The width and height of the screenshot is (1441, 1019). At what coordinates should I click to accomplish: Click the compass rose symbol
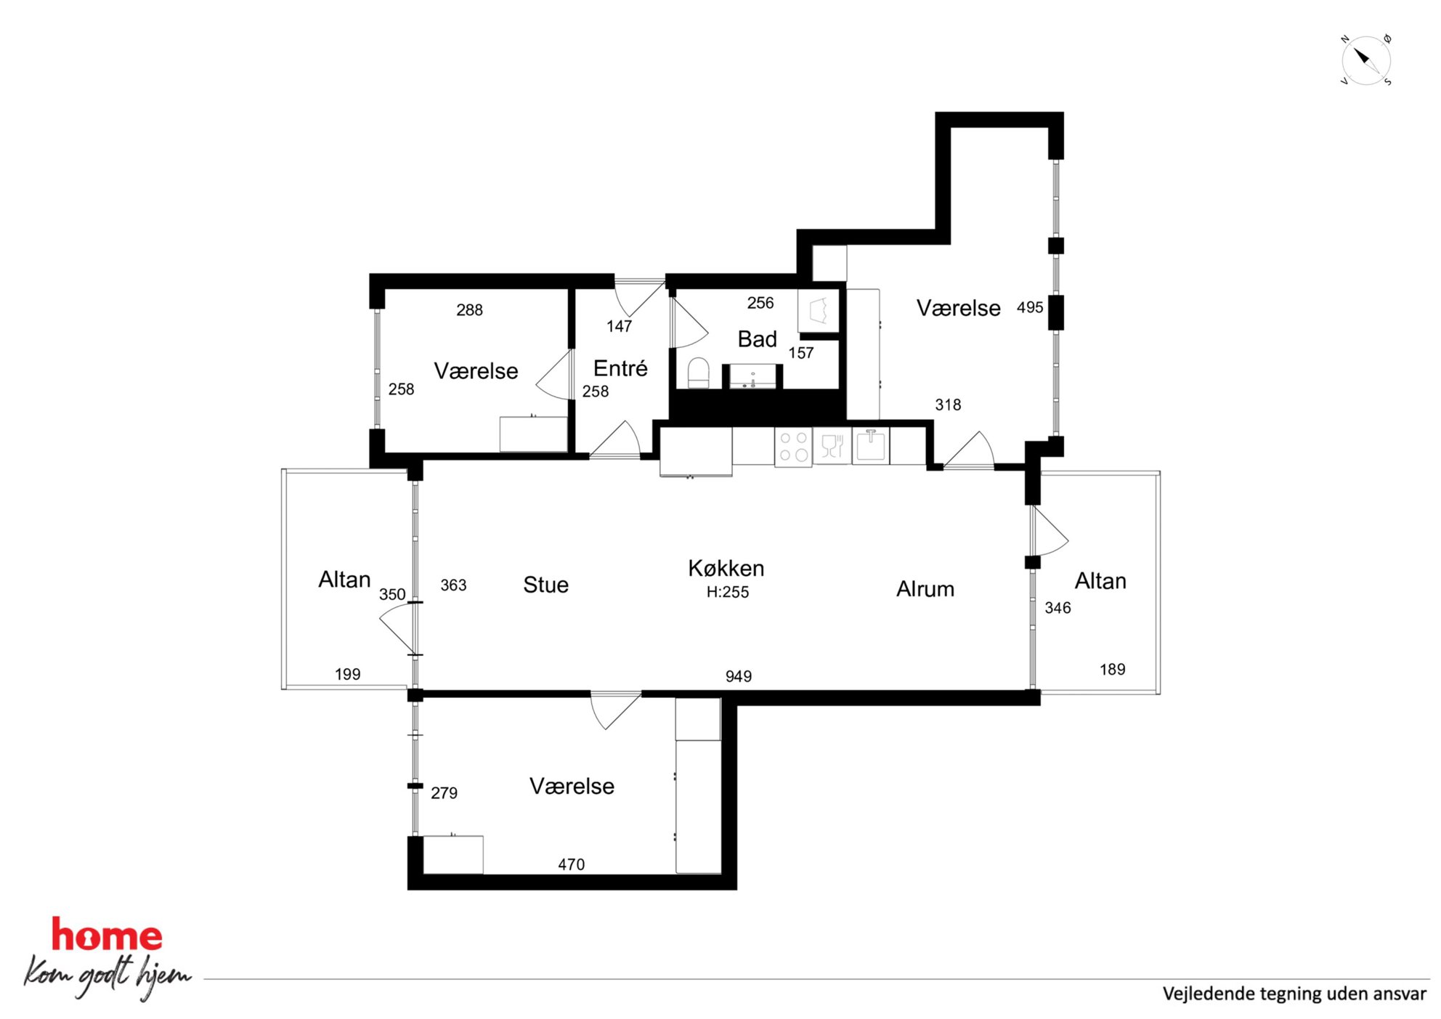click(1365, 60)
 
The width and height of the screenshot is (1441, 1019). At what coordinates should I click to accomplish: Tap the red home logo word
click(107, 935)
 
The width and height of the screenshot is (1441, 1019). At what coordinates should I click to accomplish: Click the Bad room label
click(757, 339)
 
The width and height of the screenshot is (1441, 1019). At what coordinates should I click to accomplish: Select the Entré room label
click(620, 368)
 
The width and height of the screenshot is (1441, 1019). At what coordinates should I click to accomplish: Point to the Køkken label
click(726, 568)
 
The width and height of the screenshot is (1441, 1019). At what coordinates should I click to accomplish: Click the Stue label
click(545, 585)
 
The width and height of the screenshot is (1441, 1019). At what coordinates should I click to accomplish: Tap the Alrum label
click(925, 589)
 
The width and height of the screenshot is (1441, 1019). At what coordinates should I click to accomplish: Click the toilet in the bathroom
click(698, 373)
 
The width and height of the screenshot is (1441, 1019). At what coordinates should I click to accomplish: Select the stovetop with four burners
click(793, 447)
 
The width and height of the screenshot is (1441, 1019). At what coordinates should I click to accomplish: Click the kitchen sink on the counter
click(870, 445)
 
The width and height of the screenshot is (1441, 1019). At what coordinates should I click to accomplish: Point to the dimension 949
click(739, 676)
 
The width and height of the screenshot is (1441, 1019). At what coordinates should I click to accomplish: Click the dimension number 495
click(1030, 307)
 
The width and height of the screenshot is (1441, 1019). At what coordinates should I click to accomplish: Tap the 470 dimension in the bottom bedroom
click(571, 864)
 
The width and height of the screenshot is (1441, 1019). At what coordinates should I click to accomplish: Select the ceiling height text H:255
click(728, 592)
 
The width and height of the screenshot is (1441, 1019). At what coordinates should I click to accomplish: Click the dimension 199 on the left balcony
click(347, 674)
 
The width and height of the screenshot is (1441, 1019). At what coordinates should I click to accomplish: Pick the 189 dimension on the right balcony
click(1113, 669)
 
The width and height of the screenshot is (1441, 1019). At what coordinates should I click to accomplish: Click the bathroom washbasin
click(752, 377)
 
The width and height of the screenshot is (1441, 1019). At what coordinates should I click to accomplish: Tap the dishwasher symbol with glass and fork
click(832, 446)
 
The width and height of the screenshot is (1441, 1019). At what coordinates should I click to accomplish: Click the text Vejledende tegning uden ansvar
click(1294, 994)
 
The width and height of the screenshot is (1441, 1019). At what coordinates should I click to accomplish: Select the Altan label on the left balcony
click(344, 580)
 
